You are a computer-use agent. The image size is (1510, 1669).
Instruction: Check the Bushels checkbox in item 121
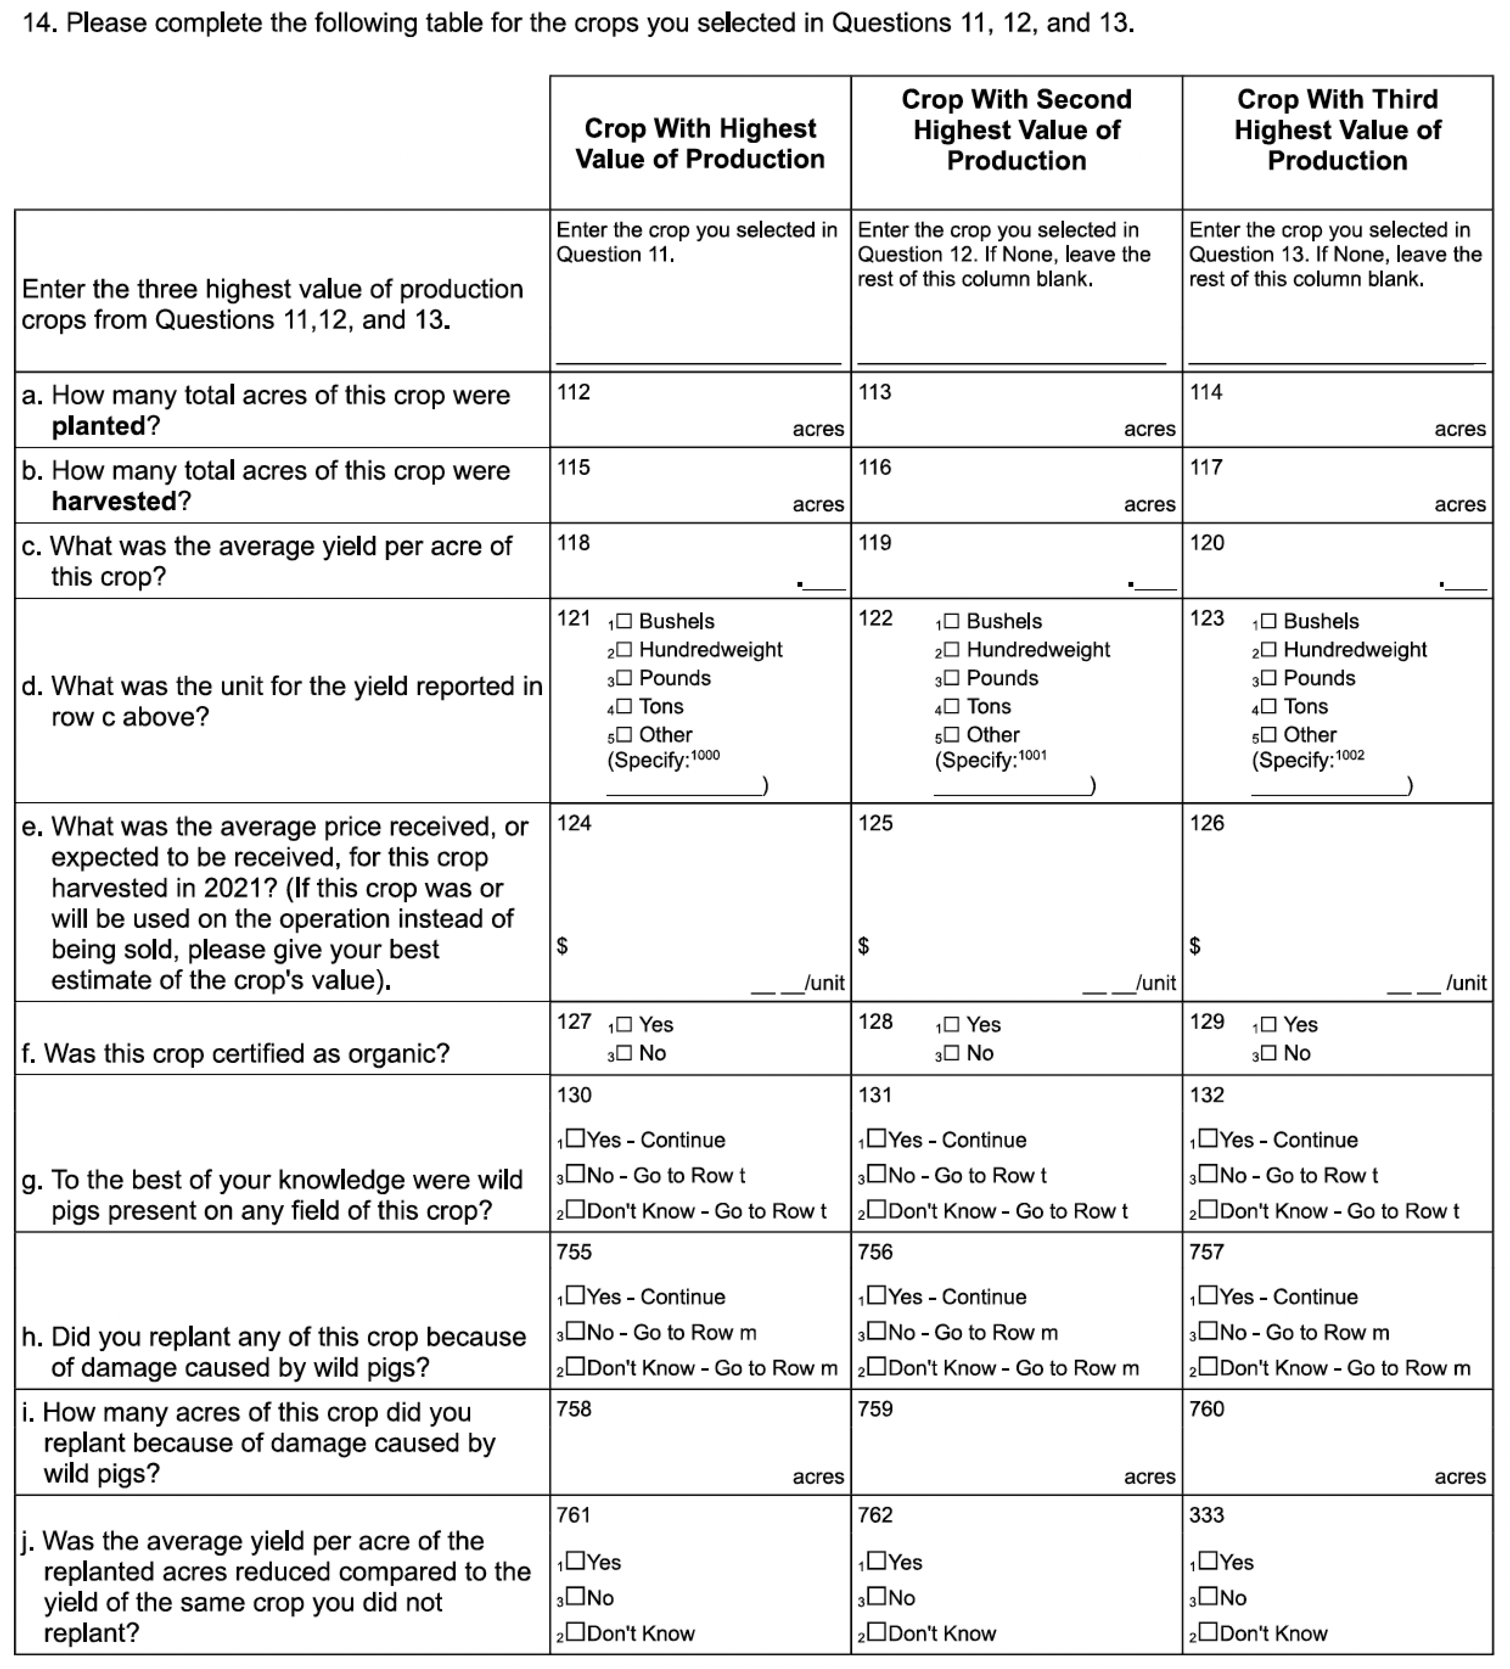pyautogui.click(x=623, y=621)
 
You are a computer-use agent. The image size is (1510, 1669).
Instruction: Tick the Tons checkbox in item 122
pyautogui.click(x=951, y=706)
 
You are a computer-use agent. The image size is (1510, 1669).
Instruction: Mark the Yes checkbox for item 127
pyautogui.click(x=623, y=1024)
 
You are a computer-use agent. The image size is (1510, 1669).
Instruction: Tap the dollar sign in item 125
pyautogui.click(x=863, y=945)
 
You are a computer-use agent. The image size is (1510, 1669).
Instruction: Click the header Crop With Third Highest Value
pyautogui.click(x=1337, y=129)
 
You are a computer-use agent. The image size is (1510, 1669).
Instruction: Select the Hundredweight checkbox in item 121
pyautogui.click(x=623, y=650)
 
